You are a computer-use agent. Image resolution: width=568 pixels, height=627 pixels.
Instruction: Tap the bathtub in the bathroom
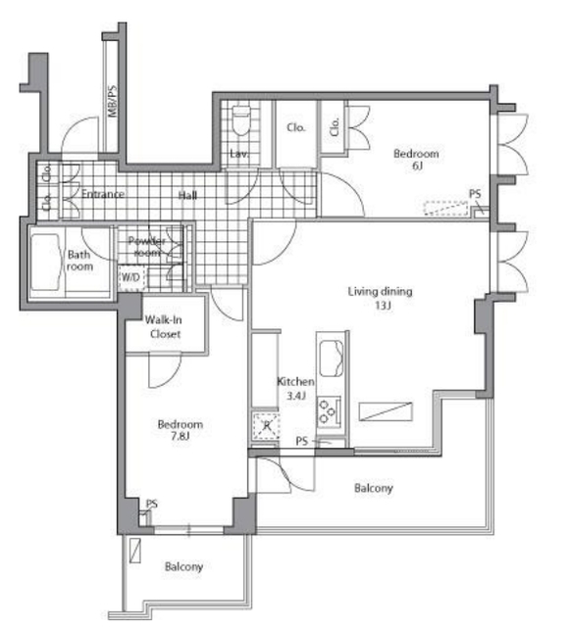coord(46,262)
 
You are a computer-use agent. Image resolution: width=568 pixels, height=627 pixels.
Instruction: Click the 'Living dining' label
coord(381,291)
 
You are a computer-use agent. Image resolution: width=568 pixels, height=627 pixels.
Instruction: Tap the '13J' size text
coord(382,306)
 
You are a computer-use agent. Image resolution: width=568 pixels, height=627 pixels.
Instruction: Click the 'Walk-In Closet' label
coord(165,326)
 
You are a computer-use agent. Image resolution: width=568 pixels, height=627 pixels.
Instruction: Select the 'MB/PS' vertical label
coord(112,102)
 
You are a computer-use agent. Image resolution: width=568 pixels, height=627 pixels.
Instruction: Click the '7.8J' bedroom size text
coord(181,438)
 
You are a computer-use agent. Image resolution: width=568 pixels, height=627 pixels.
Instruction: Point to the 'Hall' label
coord(188,195)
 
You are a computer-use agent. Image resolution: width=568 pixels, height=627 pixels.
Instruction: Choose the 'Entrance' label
coord(102,194)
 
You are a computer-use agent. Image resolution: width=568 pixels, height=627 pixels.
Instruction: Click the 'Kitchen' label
coord(295,381)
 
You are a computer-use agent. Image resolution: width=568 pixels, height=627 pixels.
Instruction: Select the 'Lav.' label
coord(239,155)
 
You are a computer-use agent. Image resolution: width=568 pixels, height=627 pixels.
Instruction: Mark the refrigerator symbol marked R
coord(264,426)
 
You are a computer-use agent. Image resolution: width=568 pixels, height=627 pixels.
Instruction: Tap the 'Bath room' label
coord(79,261)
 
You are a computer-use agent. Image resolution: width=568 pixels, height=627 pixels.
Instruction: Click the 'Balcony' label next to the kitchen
coord(373,487)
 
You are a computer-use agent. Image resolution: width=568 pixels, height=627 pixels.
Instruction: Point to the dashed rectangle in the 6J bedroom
coord(444,208)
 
